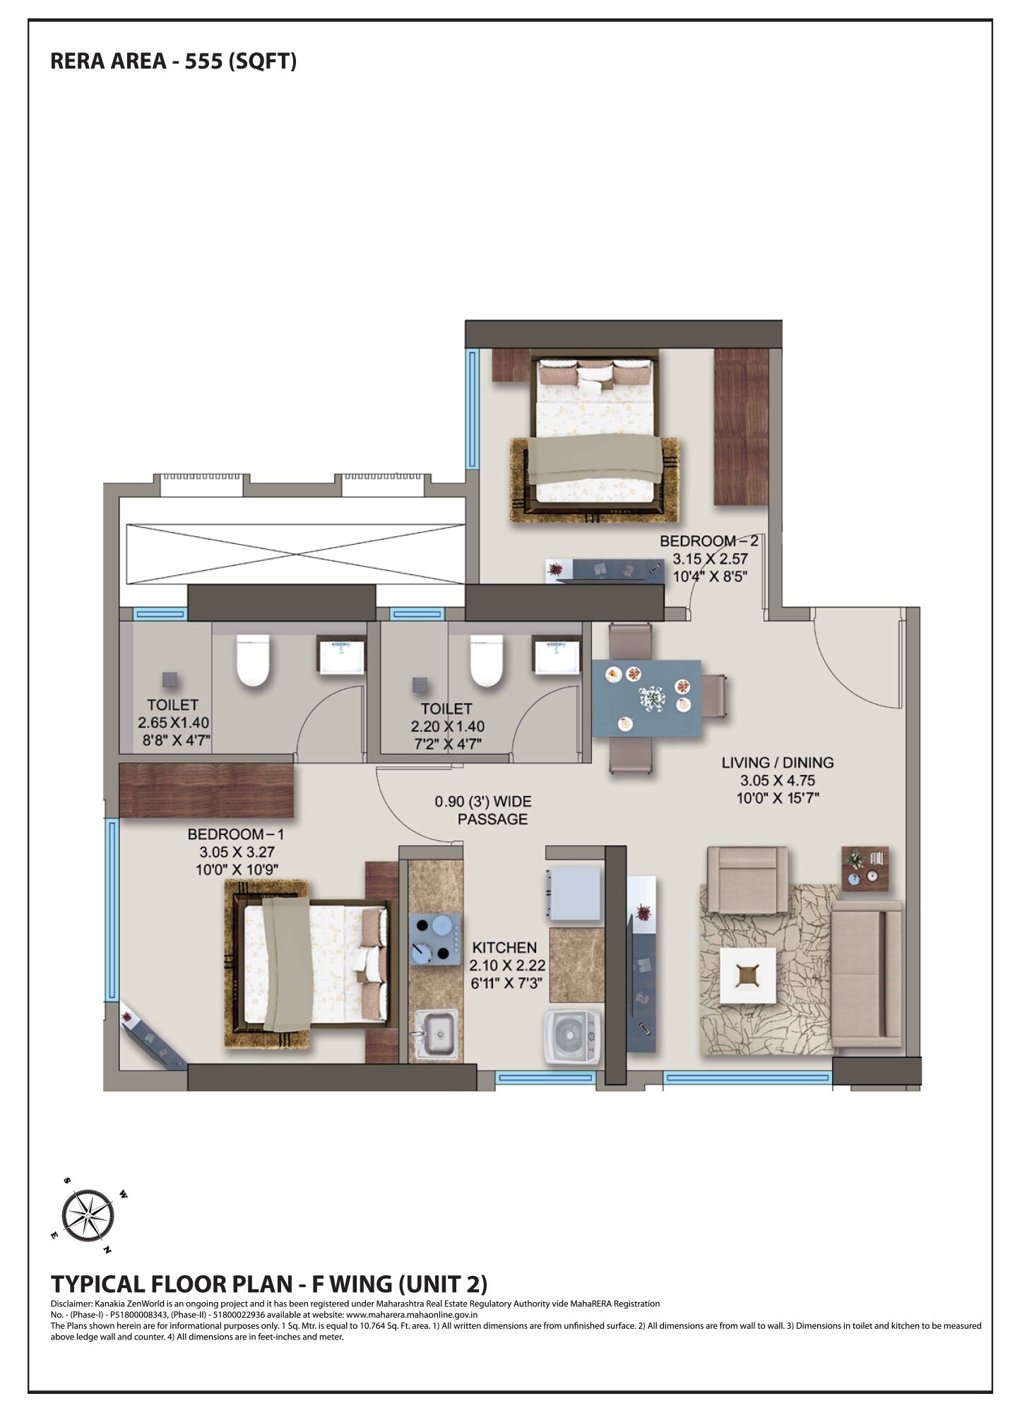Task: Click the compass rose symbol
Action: coord(88,1216)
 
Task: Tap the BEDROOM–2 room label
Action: coord(708,541)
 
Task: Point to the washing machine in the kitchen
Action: coord(573,1036)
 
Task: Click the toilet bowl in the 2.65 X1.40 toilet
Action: coord(252,661)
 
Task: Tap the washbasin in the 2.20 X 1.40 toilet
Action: coord(556,656)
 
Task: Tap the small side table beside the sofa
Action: coord(865,868)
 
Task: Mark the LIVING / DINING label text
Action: coord(777,762)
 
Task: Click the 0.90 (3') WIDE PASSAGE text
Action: coord(484,810)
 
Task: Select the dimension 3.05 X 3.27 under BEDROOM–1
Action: coord(237,852)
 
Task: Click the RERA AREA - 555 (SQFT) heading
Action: coord(173,61)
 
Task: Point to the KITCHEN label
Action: coord(504,947)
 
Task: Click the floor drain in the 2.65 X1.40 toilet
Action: coord(170,680)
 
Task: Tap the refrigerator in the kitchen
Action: coord(574,893)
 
